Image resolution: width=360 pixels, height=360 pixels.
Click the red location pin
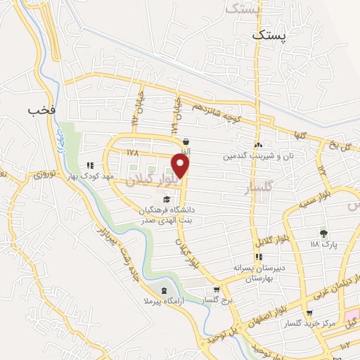(x=181, y=166)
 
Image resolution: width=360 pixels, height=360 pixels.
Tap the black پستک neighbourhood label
(x=270, y=34)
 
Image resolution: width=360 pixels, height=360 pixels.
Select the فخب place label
(x=41, y=110)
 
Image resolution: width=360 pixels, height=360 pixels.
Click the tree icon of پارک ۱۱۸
(x=324, y=233)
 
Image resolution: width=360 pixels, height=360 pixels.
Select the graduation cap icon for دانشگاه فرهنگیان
(x=166, y=200)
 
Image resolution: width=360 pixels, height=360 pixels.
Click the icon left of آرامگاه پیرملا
(x=165, y=291)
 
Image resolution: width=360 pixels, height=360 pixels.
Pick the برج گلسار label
(x=217, y=300)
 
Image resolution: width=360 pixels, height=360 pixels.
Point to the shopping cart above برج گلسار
(x=217, y=288)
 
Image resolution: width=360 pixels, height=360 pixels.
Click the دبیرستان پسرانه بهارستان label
(x=257, y=273)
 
